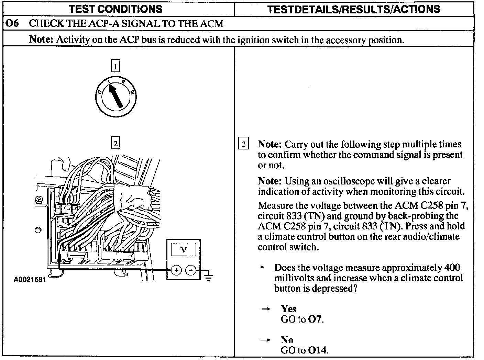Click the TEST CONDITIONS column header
(115, 9)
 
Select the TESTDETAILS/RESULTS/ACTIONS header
(353, 9)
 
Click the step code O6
(12, 24)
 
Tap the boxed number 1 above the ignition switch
(115, 65)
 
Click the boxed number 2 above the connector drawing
(115, 143)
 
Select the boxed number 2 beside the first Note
(243, 144)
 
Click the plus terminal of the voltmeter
(176, 270)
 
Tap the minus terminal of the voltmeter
(191, 270)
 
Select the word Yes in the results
(288, 309)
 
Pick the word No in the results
(287, 340)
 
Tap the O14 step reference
(318, 350)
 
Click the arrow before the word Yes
(265, 309)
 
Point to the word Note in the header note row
(41, 40)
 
